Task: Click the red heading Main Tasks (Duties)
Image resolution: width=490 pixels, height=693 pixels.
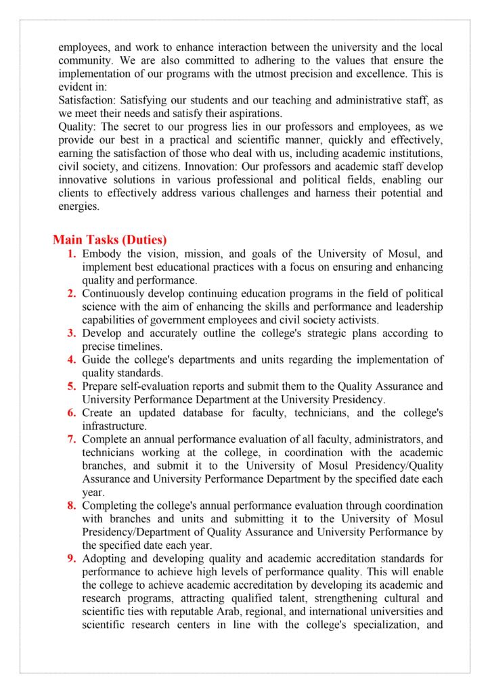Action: (x=110, y=240)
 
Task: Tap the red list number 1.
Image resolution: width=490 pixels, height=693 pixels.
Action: (x=72, y=254)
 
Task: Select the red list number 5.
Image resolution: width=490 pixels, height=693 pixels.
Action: (x=72, y=386)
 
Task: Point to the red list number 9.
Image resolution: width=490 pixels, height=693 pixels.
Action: (x=72, y=558)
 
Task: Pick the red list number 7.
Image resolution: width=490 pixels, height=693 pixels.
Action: (x=72, y=439)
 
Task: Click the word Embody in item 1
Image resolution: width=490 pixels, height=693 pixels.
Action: (x=102, y=254)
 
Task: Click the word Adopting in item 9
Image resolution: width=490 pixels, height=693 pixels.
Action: (x=105, y=558)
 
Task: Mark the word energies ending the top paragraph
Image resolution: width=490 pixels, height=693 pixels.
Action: (x=78, y=206)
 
